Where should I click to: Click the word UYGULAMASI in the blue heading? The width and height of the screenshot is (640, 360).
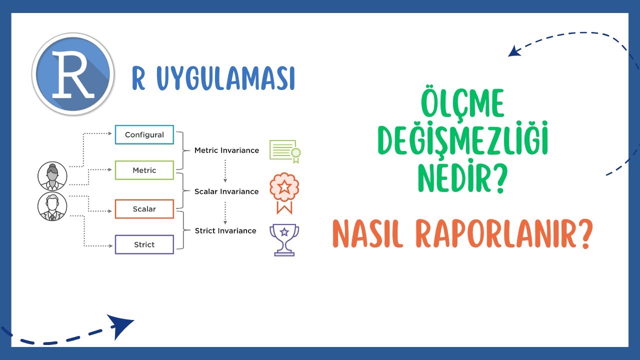225,78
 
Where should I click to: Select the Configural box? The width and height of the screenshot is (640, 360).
144,134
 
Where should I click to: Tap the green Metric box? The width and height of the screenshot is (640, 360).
144,170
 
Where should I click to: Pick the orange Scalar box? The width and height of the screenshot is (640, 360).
144,209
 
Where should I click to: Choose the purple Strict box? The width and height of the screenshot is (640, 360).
144,244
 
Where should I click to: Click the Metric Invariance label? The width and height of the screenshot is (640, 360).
226,150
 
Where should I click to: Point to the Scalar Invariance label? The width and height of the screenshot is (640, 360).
226,191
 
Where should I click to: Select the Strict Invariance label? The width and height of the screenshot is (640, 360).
225,230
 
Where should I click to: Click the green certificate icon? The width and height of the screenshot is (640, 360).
284,150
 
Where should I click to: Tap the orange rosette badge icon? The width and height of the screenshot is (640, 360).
284,192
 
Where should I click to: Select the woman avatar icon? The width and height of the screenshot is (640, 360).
52,175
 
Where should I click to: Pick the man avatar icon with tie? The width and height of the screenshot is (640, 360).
52,206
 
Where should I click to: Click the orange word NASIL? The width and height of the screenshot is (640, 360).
368,235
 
